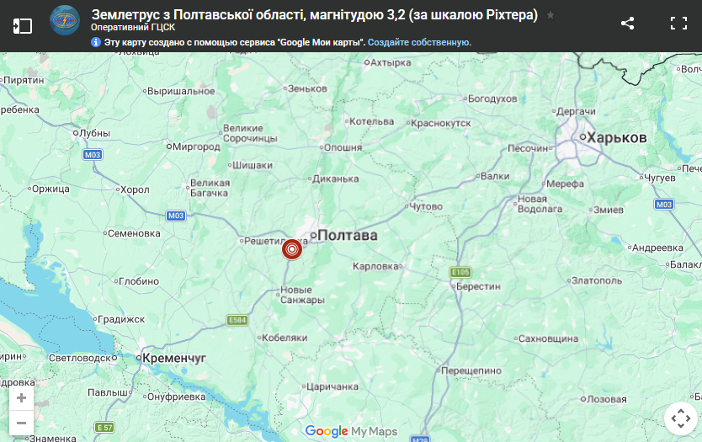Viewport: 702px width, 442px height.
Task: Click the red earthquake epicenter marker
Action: [x=291, y=249]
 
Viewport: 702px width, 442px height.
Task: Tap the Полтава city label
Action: [x=347, y=236]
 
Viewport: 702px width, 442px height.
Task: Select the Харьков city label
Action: [x=617, y=137]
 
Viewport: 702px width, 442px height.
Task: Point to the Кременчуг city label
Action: [x=174, y=358]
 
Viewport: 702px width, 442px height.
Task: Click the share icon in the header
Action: [x=627, y=24]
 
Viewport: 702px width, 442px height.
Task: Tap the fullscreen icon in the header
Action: [x=678, y=24]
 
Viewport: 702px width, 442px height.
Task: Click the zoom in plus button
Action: [x=21, y=398]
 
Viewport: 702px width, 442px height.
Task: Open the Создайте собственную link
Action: [x=419, y=42]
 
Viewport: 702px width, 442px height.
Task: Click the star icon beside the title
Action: [x=550, y=15]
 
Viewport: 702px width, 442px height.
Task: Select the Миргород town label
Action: [x=195, y=146]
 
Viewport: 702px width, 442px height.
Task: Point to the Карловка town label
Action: [x=375, y=266]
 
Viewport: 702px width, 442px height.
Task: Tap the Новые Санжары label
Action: [x=301, y=296]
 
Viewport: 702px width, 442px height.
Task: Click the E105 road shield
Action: [x=460, y=272]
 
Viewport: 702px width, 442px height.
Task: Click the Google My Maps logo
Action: [x=351, y=431]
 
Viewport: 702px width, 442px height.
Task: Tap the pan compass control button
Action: [x=678, y=418]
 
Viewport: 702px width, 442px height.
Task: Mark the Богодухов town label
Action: [x=492, y=99]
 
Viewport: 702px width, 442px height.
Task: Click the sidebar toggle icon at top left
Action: [x=23, y=25]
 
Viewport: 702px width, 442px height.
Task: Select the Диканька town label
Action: [x=335, y=178]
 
